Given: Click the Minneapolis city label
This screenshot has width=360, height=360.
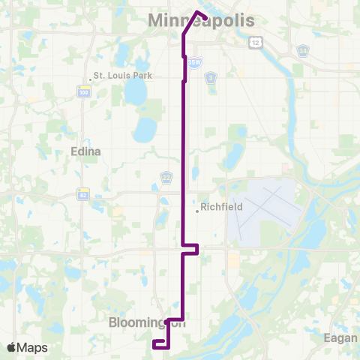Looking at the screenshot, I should (202, 22).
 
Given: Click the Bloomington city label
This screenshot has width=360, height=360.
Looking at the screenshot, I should (147, 323).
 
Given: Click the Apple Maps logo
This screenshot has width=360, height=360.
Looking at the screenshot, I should (26, 347).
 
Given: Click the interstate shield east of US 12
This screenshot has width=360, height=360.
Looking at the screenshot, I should (302, 51).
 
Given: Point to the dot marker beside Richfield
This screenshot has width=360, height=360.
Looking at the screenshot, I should (197, 211).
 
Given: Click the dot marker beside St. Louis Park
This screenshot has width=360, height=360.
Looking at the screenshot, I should (89, 76).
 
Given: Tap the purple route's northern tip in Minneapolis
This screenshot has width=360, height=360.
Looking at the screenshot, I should (197, 11).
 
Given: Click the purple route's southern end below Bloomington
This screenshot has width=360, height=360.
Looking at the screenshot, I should (154, 343).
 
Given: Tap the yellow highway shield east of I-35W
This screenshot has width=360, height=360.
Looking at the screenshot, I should (211, 77).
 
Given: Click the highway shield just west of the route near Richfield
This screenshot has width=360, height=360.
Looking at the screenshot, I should (166, 178).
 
